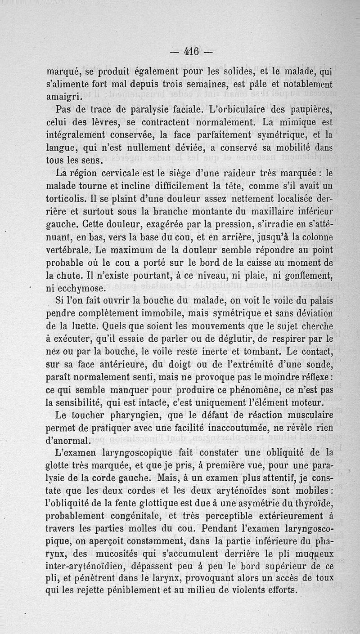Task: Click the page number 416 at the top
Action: pos(191,51)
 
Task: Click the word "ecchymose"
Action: pos(76,287)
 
